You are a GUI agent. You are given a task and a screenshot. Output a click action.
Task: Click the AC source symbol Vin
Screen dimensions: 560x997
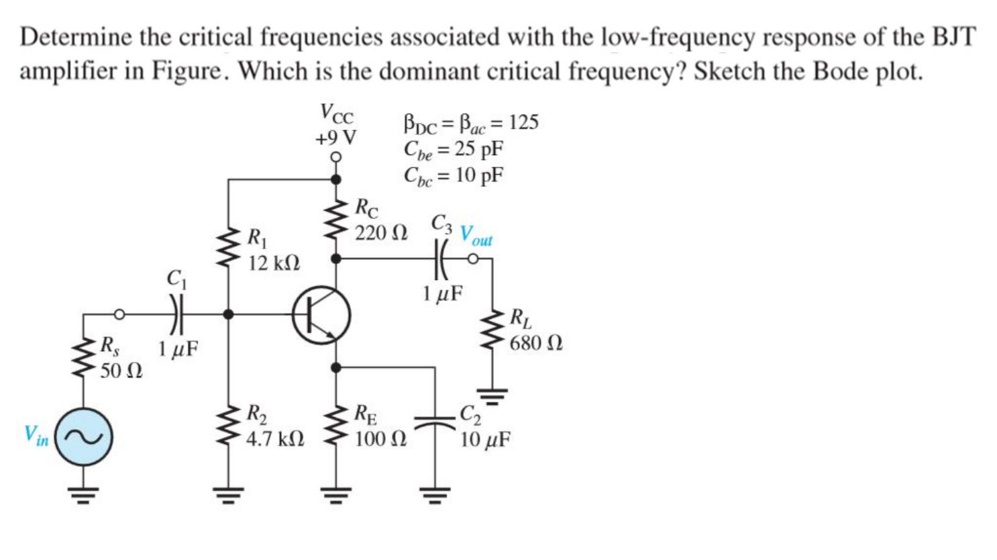(83, 437)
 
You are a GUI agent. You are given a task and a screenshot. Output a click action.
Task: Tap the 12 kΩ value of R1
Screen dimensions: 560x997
(274, 263)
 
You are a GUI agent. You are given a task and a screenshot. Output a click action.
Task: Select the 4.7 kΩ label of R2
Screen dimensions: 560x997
(276, 440)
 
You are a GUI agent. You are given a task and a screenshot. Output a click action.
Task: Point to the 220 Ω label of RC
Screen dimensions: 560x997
(380, 233)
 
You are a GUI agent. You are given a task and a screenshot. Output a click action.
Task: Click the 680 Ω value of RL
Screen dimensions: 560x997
(535, 344)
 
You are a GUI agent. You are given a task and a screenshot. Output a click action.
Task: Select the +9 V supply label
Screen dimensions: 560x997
(336, 138)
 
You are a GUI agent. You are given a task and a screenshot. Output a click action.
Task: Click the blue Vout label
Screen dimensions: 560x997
(476, 234)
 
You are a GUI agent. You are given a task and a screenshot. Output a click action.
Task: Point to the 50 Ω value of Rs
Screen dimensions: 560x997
(121, 370)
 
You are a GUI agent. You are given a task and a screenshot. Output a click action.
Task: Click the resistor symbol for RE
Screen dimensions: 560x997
(335, 427)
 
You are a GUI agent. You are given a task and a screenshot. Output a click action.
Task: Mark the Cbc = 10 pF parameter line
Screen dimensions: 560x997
(454, 176)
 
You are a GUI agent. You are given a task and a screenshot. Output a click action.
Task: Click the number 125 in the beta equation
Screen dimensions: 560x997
(523, 122)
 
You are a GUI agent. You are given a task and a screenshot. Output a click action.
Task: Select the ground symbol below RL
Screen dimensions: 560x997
(494, 396)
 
